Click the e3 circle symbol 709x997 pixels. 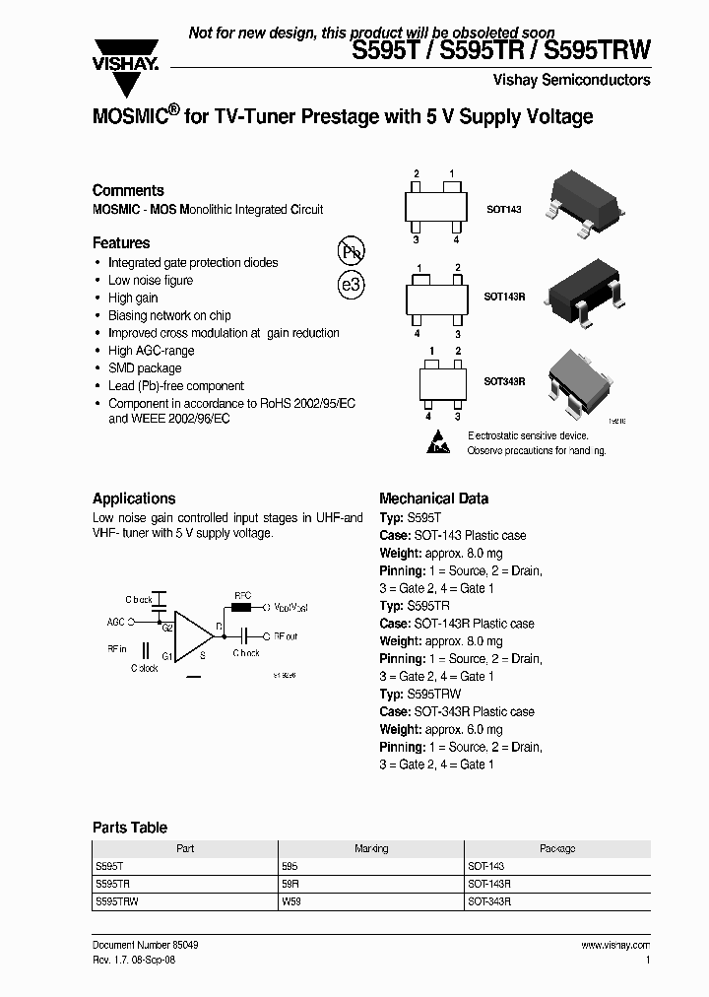(x=352, y=286)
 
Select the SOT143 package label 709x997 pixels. (x=504, y=210)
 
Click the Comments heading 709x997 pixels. (x=128, y=190)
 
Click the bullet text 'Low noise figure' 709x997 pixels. (x=151, y=281)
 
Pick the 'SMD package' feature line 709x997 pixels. (x=145, y=368)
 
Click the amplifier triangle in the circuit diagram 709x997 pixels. (x=193, y=636)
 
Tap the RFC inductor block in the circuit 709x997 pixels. (x=242, y=608)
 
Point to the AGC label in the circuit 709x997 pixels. (x=116, y=623)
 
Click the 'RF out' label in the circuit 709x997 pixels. (x=285, y=636)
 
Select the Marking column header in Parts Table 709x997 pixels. (x=371, y=848)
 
